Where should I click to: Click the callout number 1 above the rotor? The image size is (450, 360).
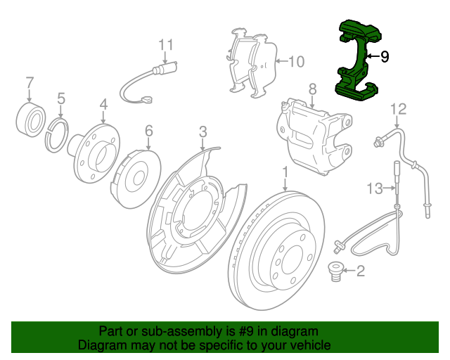[285, 172]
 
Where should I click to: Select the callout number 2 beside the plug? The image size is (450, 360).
[361, 271]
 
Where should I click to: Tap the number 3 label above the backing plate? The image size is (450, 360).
[202, 131]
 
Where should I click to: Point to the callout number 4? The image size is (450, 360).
[103, 105]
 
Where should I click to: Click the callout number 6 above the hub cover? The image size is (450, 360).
[148, 131]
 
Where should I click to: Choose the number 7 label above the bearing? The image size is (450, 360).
[30, 84]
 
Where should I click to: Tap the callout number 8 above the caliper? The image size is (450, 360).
[312, 89]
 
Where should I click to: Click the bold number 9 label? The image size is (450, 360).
[384, 57]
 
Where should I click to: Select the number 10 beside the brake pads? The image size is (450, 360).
[296, 62]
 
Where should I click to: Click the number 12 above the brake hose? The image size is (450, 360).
[399, 109]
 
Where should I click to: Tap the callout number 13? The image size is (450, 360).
[375, 188]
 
